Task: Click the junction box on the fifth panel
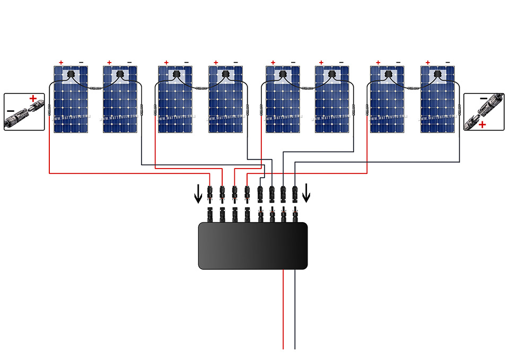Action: click(283, 74)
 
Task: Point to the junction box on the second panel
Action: click(120, 74)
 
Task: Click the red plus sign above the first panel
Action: click(61, 63)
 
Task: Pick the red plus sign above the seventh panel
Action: click(378, 63)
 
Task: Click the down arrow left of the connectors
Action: click(198, 195)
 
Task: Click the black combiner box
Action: click(253, 245)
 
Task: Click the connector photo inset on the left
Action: click(24, 112)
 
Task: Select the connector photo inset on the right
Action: click(484, 112)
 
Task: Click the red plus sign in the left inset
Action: click(33, 99)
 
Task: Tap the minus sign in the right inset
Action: click(483, 99)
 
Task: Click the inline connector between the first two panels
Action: click(95, 89)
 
